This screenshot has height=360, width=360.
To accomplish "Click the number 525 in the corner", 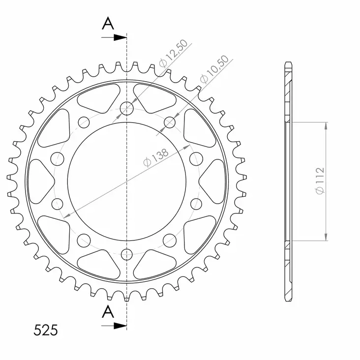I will (x=46, y=330).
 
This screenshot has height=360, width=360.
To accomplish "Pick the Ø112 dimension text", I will (x=320, y=180).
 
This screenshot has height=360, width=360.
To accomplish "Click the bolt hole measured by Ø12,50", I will (x=127, y=109).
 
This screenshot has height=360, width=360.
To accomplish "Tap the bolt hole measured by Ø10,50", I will (x=170, y=121).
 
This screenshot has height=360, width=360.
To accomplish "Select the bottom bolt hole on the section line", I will (x=127, y=254).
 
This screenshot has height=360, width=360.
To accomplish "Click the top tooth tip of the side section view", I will (x=288, y=64).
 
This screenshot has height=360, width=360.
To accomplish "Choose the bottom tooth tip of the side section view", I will (x=288, y=299).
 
